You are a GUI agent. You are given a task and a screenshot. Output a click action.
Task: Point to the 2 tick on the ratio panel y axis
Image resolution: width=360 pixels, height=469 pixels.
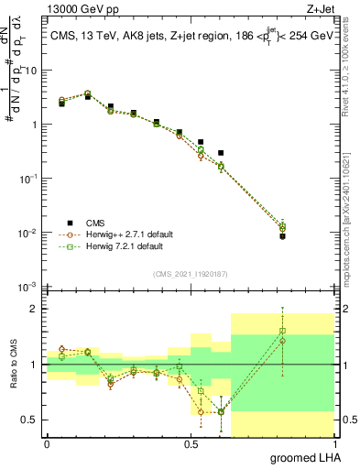[x=35, y=310]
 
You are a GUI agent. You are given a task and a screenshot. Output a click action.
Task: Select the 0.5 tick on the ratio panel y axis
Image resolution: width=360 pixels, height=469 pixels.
[x=31, y=420]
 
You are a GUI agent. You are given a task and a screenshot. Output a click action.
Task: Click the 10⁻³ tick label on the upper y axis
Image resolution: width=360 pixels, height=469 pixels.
[x=28, y=288]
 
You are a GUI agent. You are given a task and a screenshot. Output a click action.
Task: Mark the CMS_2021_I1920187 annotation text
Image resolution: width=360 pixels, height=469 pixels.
[x=190, y=273]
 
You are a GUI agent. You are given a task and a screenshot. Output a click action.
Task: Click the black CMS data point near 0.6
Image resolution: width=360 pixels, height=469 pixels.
[x=221, y=153]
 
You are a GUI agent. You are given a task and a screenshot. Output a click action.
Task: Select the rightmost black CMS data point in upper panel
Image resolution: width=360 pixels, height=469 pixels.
[x=308, y=236]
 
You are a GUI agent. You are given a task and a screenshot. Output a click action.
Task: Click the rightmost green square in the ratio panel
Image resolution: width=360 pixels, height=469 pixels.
[x=308, y=331]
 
